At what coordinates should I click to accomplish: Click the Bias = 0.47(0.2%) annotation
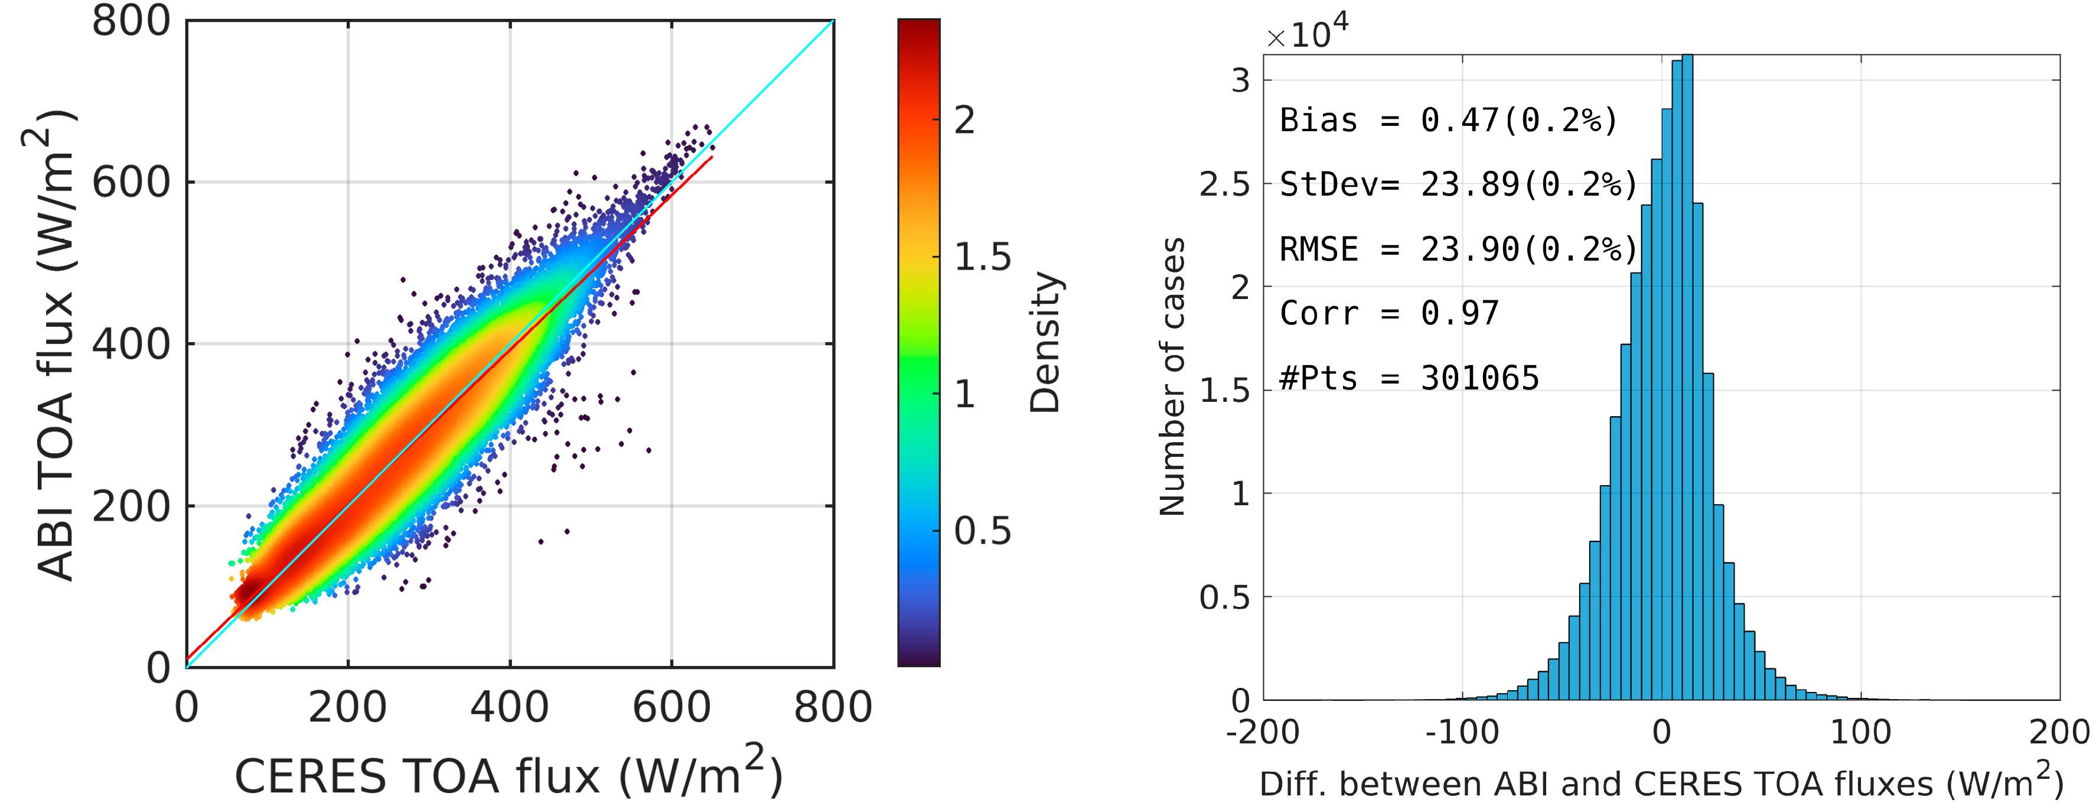tap(1448, 121)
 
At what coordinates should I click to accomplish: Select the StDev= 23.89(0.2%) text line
tap(1458, 185)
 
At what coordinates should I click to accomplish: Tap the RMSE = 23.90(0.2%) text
tap(1458, 249)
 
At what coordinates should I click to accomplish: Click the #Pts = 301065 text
tap(1409, 378)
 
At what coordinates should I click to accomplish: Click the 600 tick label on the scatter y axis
tap(131, 183)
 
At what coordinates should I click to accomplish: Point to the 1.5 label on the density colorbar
tap(982, 257)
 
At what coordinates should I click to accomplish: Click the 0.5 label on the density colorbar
tap(982, 531)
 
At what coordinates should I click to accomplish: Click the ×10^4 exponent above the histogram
tap(1307, 33)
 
